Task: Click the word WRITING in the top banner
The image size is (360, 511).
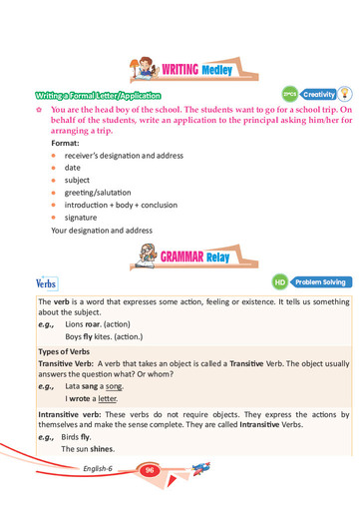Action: pyautogui.click(x=182, y=69)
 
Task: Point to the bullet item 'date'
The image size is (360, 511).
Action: pyautogui.click(x=71, y=169)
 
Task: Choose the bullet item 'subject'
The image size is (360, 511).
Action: pyautogui.click(x=76, y=181)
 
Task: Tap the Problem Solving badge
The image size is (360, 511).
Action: pyautogui.click(x=320, y=282)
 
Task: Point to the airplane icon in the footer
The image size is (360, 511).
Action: pyautogui.click(x=201, y=468)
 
